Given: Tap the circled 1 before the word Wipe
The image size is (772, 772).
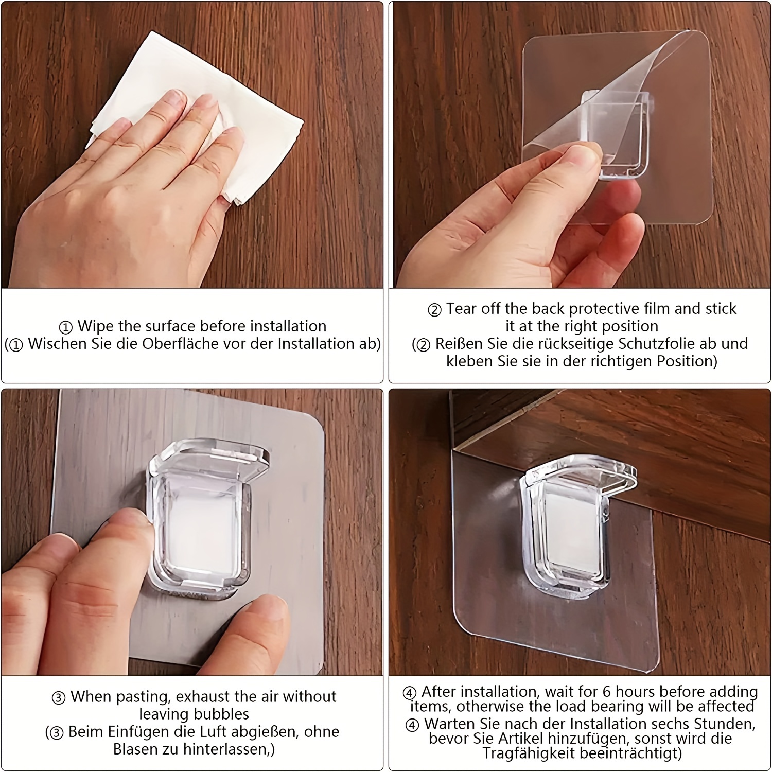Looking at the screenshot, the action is tap(66, 327).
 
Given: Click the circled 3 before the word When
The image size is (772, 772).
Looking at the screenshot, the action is tap(59, 698).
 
